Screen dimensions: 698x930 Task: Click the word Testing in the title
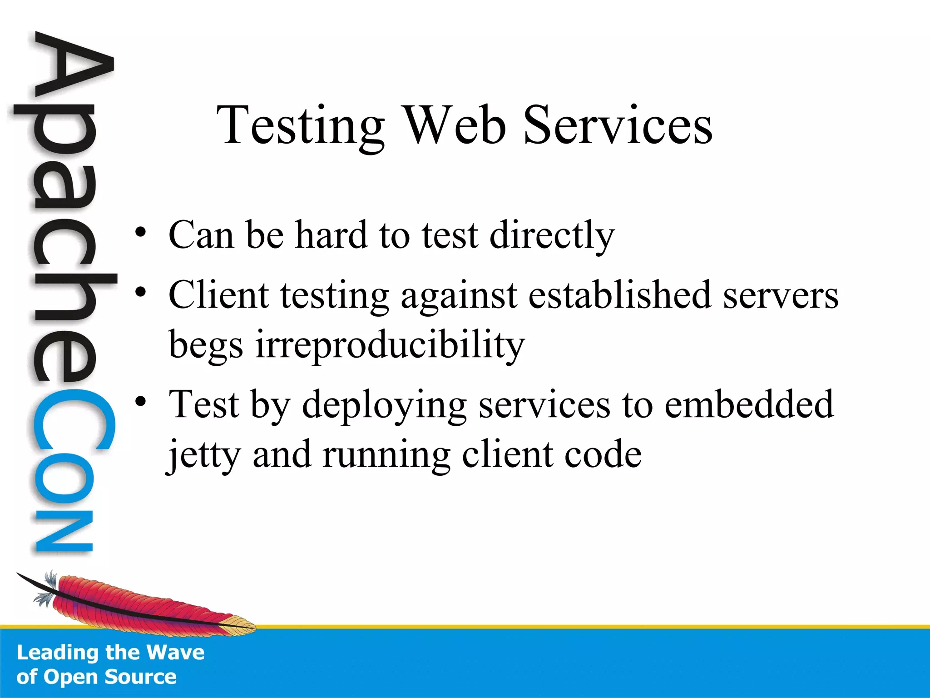tap(300, 126)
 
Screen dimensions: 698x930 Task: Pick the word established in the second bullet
tap(619, 295)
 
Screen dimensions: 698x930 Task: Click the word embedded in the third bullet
tap(749, 404)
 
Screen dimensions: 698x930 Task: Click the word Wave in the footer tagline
tap(176, 653)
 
